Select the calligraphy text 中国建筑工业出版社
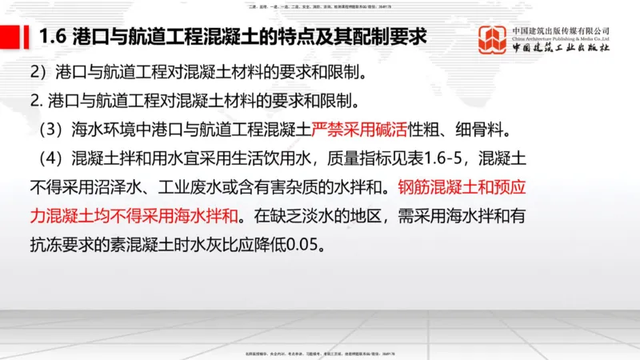pos(561,48)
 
